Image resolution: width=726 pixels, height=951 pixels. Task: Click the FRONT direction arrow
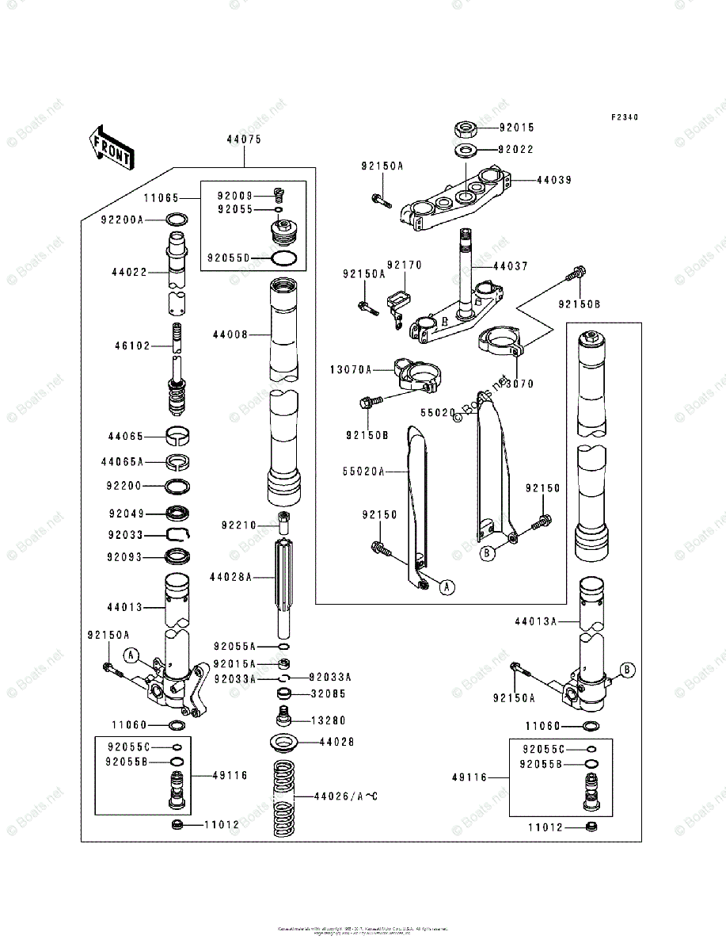point(110,148)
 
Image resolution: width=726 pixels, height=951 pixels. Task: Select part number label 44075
point(244,139)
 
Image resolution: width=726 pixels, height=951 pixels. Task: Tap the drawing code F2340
point(624,117)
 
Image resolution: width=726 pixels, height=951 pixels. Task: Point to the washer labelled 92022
point(466,149)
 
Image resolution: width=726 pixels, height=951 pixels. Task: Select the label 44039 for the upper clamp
point(553,180)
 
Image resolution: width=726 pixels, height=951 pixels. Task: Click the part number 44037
point(511,266)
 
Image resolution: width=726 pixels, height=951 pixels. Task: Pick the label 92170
point(405,265)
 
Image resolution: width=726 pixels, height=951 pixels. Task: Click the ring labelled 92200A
point(177,220)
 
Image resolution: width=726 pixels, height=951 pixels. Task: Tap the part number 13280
point(329,720)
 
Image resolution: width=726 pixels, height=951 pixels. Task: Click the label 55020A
point(363,471)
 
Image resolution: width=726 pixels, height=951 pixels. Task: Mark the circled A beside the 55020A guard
point(447,587)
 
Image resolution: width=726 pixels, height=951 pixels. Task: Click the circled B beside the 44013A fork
point(625,670)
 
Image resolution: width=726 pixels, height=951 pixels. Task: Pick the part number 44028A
point(230,577)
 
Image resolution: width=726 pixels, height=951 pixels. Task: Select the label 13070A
point(351,369)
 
